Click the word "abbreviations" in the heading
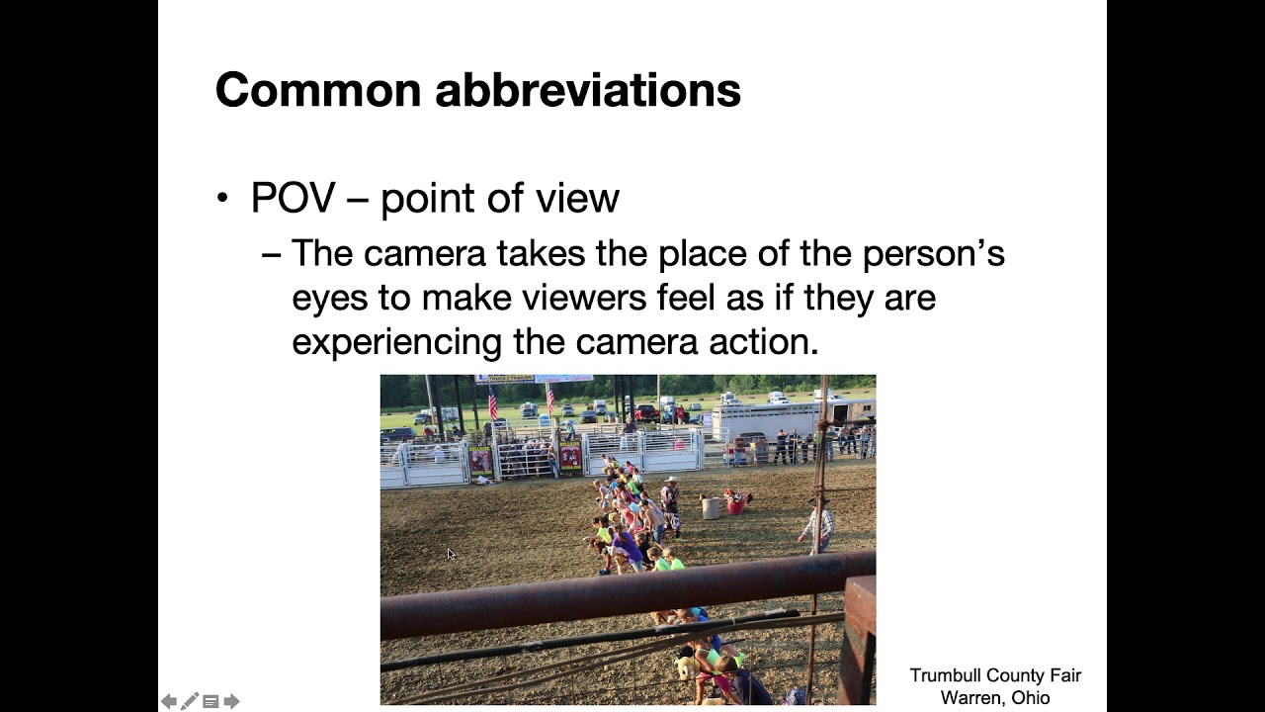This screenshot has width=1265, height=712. click(x=588, y=90)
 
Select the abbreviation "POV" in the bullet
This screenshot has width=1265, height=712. click(x=294, y=198)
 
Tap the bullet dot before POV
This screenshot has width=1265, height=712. click(x=222, y=199)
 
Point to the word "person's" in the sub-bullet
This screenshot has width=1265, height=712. click(x=933, y=253)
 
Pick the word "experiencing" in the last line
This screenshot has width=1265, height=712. click(x=397, y=341)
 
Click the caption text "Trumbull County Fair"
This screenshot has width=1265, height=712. click(x=995, y=675)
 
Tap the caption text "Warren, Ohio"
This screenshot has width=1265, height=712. click(x=995, y=697)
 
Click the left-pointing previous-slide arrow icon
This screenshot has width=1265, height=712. click(x=169, y=701)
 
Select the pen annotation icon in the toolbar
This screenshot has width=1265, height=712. click(x=190, y=701)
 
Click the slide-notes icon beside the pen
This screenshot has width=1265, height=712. click(x=211, y=701)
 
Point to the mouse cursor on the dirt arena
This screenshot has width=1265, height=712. click(x=451, y=555)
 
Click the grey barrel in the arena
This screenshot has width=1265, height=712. click(x=710, y=507)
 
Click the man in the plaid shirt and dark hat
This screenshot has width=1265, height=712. click(x=817, y=524)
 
